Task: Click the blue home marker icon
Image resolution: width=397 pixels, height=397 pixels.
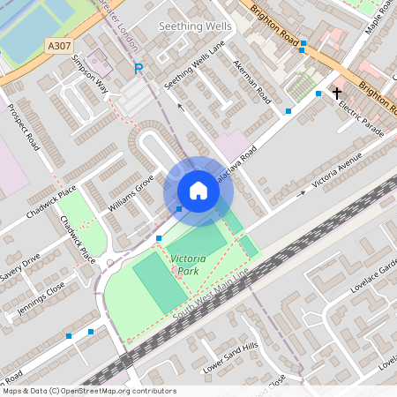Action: point(198,191)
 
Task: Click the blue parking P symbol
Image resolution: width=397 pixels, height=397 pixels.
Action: point(138,68)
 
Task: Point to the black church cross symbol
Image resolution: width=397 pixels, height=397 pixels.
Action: point(336,92)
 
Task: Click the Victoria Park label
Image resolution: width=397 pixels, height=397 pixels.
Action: point(188,265)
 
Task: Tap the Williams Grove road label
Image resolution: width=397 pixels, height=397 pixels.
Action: point(131,193)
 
